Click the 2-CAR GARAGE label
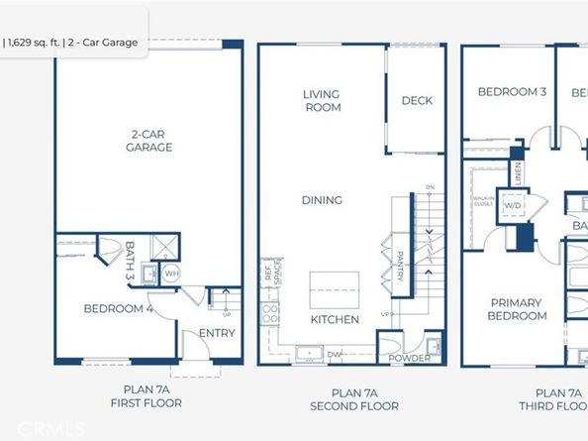tap(149, 141)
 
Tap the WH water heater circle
tap(170, 274)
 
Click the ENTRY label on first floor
tap(217, 333)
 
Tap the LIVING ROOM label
tap(322, 100)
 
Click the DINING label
tap(322, 200)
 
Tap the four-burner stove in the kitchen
tap(268, 315)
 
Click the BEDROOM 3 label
tap(512, 91)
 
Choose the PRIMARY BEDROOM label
tap(517, 308)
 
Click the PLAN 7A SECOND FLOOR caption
tap(353, 399)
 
